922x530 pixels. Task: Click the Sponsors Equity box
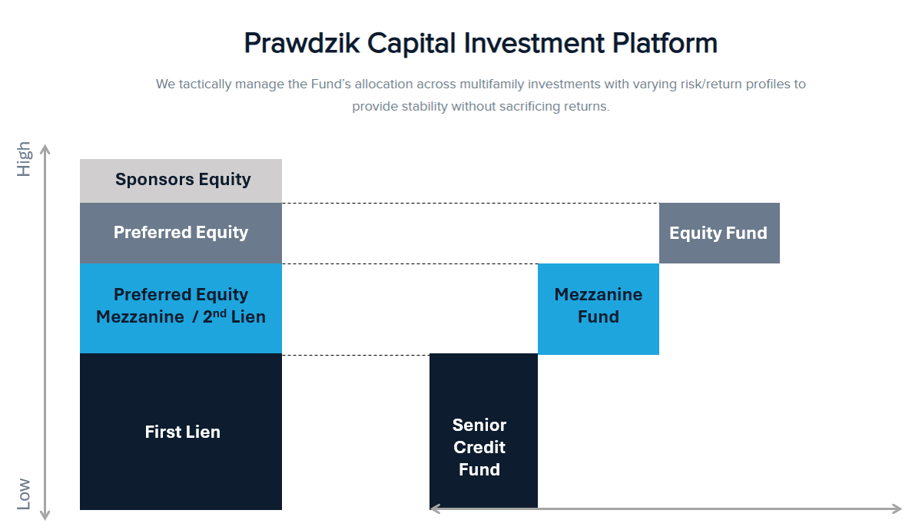(x=181, y=181)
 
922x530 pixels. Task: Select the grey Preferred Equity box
(x=181, y=233)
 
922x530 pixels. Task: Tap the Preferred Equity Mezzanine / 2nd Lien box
(x=181, y=307)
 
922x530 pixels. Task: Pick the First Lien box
(x=181, y=432)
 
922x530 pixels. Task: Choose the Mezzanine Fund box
(x=598, y=306)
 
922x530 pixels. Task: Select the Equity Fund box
(x=718, y=234)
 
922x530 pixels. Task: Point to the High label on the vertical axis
(x=25, y=159)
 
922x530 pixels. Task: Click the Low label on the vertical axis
(x=25, y=494)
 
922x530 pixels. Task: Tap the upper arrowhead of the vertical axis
(x=45, y=148)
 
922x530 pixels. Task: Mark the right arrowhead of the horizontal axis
(x=896, y=508)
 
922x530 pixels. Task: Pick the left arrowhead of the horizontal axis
(x=435, y=508)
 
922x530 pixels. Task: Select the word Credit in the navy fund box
(x=479, y=447)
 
